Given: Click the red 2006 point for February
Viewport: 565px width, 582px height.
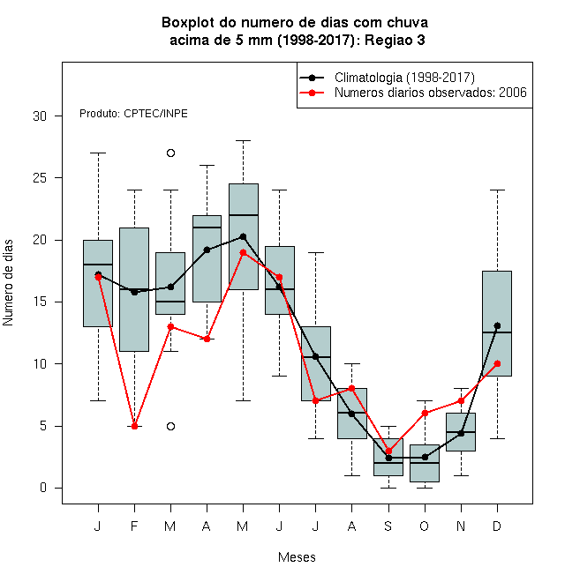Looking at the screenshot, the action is [134, 426].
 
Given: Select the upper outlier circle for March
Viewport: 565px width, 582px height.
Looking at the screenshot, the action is [170, 153].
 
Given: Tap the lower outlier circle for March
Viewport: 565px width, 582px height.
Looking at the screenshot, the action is [170, 426].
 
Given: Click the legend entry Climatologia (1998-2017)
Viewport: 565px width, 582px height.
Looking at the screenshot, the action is [404, 78].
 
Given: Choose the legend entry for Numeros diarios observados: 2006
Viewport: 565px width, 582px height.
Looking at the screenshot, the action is [431, 93].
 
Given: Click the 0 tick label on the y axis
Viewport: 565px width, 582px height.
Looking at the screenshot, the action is [43, 488].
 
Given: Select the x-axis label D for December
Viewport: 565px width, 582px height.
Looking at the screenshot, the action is [497, 526].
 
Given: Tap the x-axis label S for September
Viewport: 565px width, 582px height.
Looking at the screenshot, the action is [388, 526].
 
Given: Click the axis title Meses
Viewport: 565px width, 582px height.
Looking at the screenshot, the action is [297, 557].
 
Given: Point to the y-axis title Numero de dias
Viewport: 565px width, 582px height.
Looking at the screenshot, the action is [8, 283].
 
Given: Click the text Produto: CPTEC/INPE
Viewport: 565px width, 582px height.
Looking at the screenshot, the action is [133, 114].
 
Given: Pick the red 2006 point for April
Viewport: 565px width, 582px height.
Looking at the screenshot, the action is [207, 339].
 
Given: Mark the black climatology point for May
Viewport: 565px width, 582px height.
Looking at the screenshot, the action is [243, 236].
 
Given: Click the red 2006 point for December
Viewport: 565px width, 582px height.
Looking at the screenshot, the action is [497, 363].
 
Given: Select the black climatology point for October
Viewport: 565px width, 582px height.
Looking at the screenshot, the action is [425, 457].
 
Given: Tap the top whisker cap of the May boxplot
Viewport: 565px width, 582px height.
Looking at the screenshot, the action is [243, 141].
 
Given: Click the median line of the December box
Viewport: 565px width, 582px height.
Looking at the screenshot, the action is [497, 332].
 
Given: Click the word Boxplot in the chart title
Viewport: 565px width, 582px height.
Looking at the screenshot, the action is [188, 23].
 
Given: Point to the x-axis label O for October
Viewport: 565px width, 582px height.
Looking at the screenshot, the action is [424, 526].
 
